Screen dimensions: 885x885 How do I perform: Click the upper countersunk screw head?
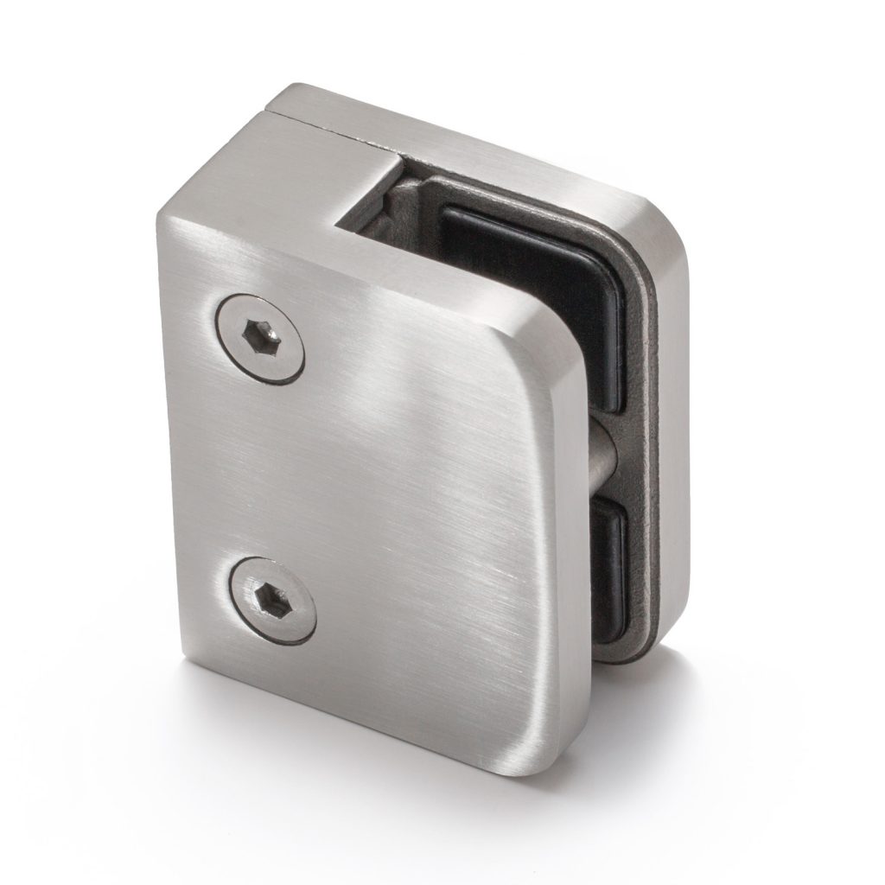pos(258,337)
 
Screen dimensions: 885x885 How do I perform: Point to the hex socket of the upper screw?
pos(259,333)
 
